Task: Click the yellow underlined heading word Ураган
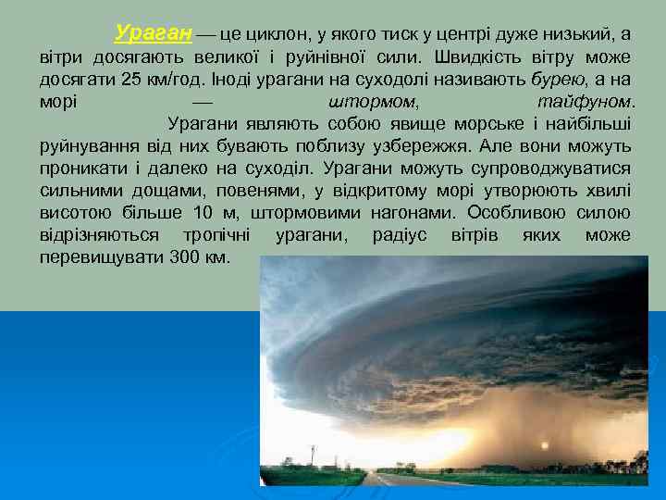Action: point(154,34)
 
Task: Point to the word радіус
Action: point(400,234)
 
